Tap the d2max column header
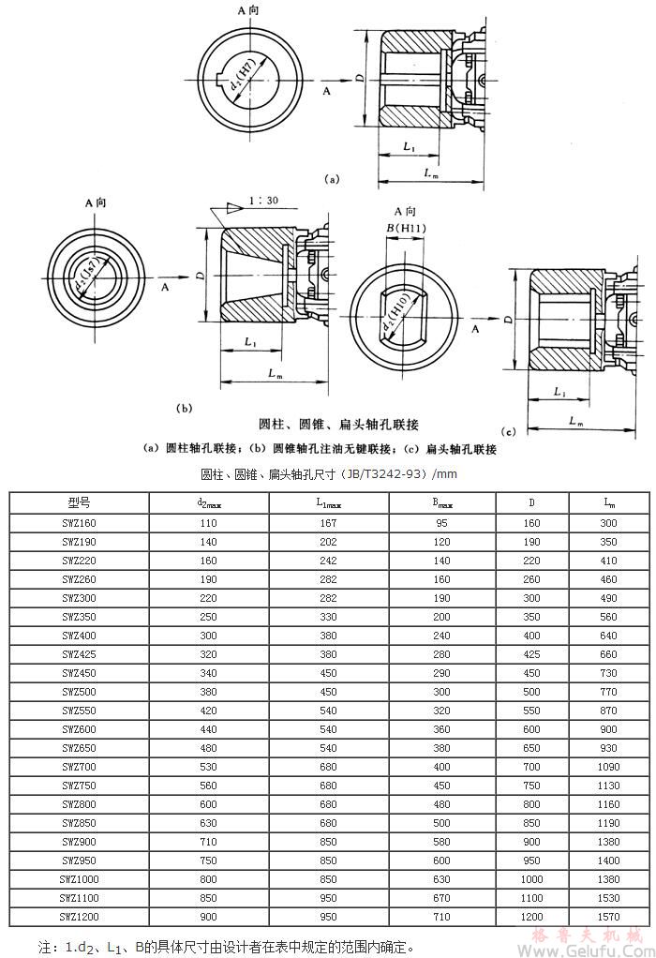[x=208, y=502]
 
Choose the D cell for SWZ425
[x=531, y=653]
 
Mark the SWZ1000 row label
[x=79, y=878]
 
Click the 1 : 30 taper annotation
[x=266, y=200]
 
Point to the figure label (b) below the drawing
[x=184, y=409]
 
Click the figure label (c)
[x=510, y=432]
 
